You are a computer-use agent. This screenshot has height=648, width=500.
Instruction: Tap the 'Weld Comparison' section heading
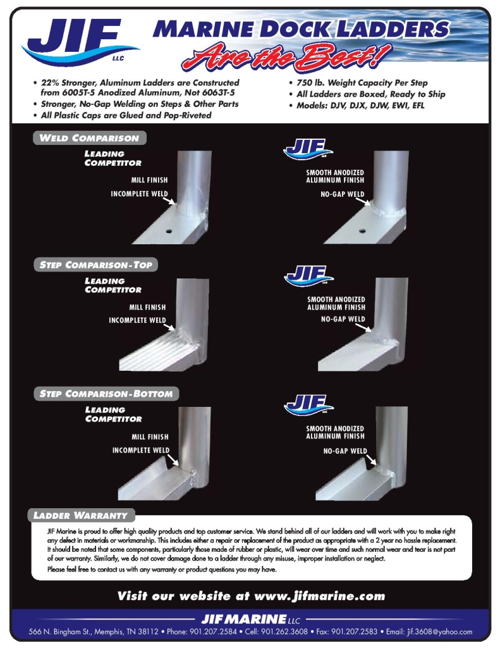click(x=89, y=138)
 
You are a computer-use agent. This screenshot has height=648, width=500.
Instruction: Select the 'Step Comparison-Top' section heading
click(x=95, y=265)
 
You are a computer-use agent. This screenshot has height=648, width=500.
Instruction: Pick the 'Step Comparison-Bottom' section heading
click(x=106, y=394)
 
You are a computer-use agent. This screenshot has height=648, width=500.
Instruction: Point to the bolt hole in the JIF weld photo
click(x=362, y=226)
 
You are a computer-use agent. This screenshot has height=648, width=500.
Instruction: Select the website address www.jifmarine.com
click(x=319, y=596)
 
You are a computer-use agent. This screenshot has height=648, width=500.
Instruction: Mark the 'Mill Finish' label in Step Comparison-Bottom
click(x=150, y=437)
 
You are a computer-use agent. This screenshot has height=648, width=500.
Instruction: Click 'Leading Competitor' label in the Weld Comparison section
click(x=113, y=158)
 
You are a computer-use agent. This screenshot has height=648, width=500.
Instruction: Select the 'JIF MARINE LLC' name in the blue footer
click(x=250, y=618)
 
